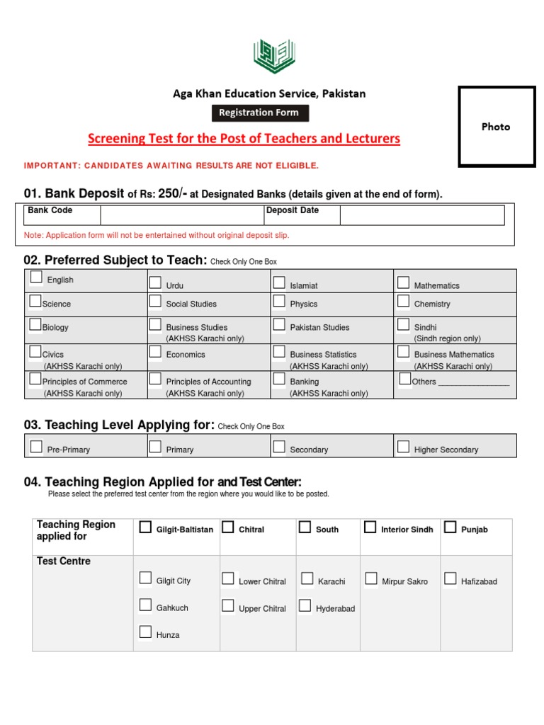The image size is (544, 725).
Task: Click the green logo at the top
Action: [x=274, y=56]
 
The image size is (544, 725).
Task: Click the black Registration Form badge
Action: [x=259, y=113]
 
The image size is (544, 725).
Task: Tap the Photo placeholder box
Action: [x=496, y=127]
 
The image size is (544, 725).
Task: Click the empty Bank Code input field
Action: [x=181, y=215]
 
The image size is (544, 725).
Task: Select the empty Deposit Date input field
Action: [x=421, y=215]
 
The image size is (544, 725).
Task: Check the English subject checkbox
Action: [x=36, y=278]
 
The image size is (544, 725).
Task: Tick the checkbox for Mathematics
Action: [x=403, y=283]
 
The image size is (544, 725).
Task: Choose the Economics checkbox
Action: [x=155, y=352]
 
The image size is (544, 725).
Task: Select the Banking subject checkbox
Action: [x=279, y=379]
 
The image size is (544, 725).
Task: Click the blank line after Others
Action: [x=474, y=382]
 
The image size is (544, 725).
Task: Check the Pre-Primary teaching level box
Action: [x=36, y=447]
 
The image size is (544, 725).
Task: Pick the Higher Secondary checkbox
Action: [x=403, y=447]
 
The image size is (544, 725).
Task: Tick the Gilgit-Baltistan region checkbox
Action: [x=145, y=527]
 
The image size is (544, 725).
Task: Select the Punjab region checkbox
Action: [x=450, y=527]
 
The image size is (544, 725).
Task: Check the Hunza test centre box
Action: [x=145, y=632]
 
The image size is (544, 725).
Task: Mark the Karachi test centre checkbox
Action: [x=307, y=579]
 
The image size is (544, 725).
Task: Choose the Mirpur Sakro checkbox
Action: [x=370, y=579]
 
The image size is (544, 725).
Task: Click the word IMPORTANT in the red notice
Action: [x=50, y=166]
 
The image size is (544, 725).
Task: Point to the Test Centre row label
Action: [x=64, y=561]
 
